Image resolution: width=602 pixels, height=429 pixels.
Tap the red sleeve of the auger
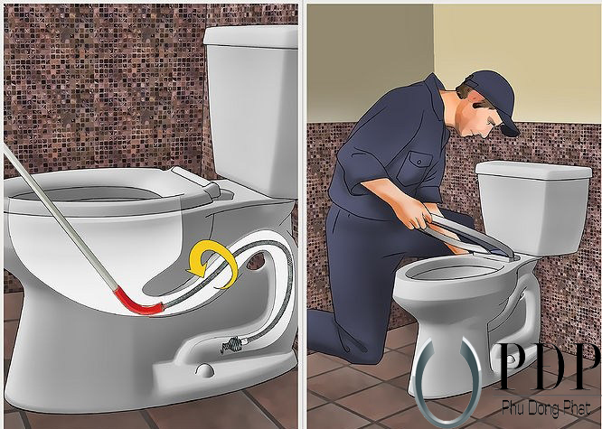point(138,303)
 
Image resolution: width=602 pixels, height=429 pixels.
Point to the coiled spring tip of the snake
point(232,343)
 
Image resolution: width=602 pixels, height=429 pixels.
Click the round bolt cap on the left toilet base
point(204,370)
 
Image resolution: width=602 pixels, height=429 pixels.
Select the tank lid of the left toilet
point(250,37)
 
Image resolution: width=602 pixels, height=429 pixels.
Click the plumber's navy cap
point(494,96)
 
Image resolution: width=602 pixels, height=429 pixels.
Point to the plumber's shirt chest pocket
point(416,167)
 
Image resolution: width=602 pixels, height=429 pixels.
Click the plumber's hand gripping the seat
point(414,217)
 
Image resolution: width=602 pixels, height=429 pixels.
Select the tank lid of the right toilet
point(533,171)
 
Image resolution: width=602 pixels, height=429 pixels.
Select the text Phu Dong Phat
point(546,407)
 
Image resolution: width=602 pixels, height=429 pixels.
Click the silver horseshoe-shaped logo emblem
point(448,380)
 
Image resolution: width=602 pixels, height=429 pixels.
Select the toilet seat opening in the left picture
point(88,195)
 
